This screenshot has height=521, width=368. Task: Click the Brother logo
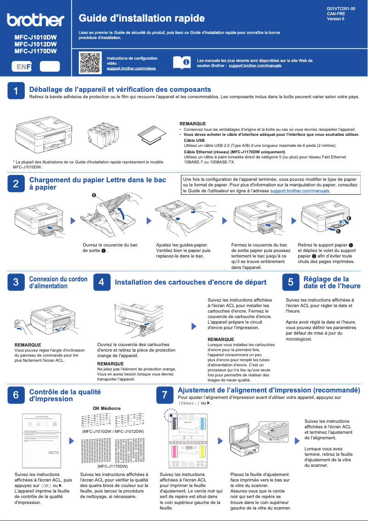[x=35, y=20]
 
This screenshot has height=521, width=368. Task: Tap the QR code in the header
[x=90, y=63]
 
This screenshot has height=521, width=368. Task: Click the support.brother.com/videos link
[x=131, y=68]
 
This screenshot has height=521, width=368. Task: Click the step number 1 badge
[x=16, y=91]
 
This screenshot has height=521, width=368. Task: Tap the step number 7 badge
[x=164, y=395]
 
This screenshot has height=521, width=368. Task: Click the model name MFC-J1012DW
[x=35, y=44]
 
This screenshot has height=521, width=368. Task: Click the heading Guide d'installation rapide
[x=142, y=18]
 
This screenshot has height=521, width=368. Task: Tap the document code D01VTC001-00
[x=341, y=9]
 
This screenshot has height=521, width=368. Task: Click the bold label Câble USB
[x=194, y=140]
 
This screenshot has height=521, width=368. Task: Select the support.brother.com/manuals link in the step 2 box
[x=300, y=190]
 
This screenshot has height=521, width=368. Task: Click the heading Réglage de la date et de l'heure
[x=332, y=282]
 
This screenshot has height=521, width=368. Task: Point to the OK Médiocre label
[x=106, y=408]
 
